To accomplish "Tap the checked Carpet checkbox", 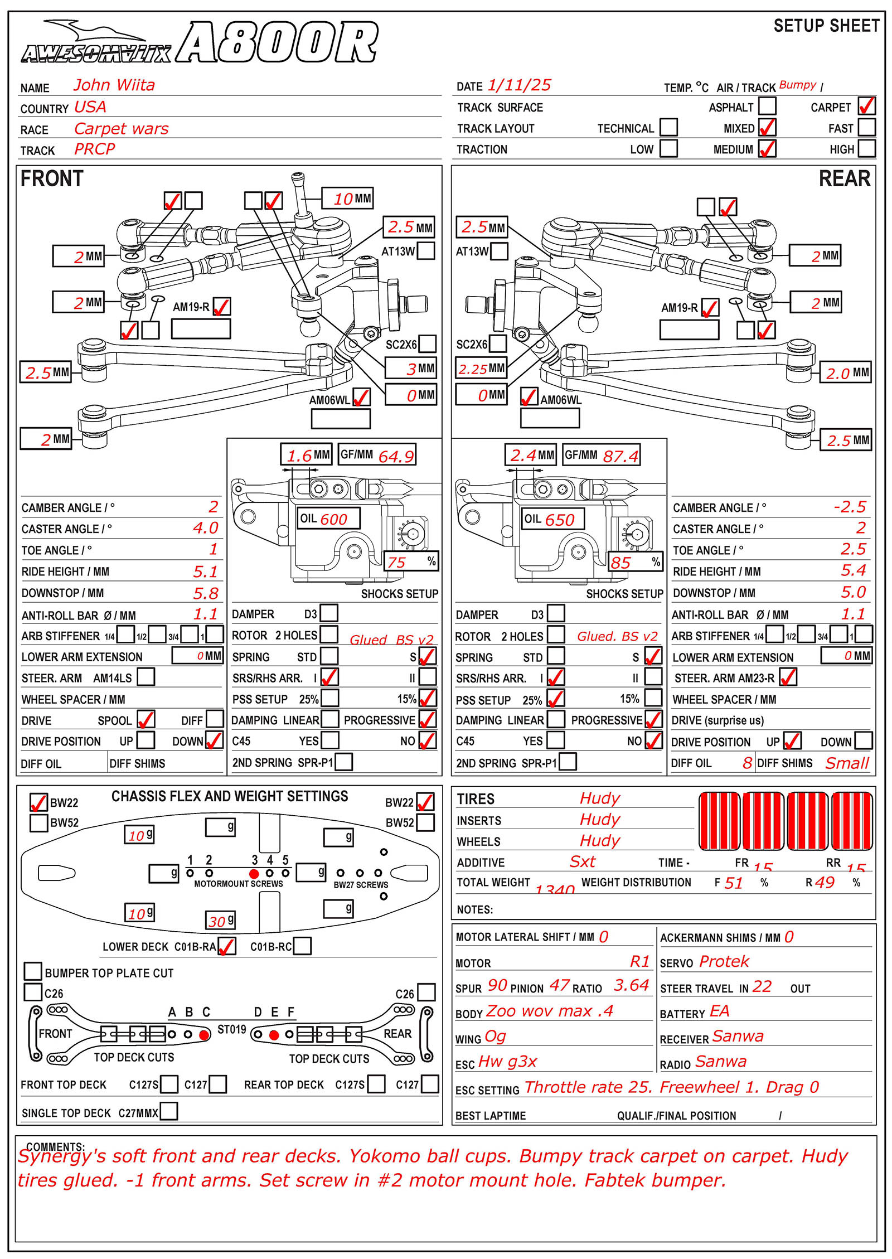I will coord(866,106).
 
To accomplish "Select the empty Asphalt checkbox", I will coord(767,106).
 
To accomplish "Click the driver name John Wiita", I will coord(114,85).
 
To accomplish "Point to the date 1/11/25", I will coord(519,85).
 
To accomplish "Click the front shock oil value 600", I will coord(333,519).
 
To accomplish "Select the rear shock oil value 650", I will coord(559,520).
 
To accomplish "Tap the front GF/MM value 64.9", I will coord(396,456).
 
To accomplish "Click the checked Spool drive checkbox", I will coord(146,719).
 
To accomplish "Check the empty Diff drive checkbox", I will coord(215,719).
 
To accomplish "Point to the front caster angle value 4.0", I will coord(206,527).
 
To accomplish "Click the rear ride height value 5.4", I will coord(853,570).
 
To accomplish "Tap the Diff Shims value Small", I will coord(847,763).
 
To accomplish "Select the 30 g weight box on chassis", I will coord(221,921).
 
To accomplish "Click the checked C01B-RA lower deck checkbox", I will coord(227,946).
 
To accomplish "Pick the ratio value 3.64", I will coord(631,985).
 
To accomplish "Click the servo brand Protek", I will coord(724,961).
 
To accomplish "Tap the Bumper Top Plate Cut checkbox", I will coord(33,971).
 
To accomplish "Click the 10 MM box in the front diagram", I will coord(347,198).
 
